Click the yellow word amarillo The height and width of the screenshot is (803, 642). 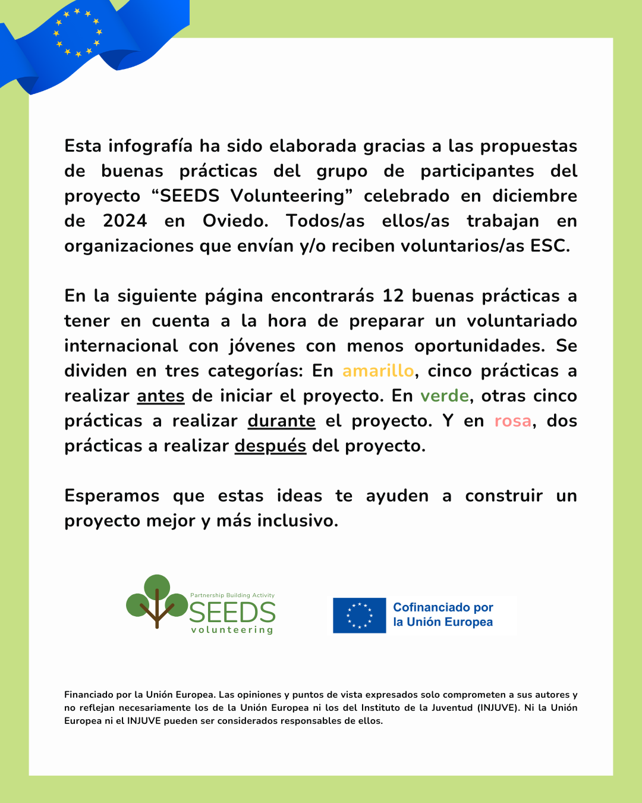(x=378, y=371)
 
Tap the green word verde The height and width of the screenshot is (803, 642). (x=445, y=396)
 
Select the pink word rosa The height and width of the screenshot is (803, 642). (x=513, y=421)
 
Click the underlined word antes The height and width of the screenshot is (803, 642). (x=160, y=396)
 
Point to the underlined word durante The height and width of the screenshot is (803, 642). (x=281, y=421)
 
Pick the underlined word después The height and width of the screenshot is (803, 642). (x=270, y=446)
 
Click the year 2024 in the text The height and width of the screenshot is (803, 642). (x=125, y=221)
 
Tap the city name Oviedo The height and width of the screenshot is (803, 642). (x=235, y=221)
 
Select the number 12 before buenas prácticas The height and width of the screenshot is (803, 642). (x=393, y=296)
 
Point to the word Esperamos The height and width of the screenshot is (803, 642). (x=112, y=495)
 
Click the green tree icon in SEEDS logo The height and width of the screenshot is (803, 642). (x=157, y=601)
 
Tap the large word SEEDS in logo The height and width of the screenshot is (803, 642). (x=232, y=612)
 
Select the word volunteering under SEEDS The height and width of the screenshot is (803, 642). (x=232, y=630)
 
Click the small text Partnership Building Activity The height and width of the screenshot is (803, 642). (x=232, y=595)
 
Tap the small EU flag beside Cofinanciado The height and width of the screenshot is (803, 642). (x=359, y=615)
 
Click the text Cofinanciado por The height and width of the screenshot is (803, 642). (x=443, y=607)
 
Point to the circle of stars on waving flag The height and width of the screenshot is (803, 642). (x=78, y=32)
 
